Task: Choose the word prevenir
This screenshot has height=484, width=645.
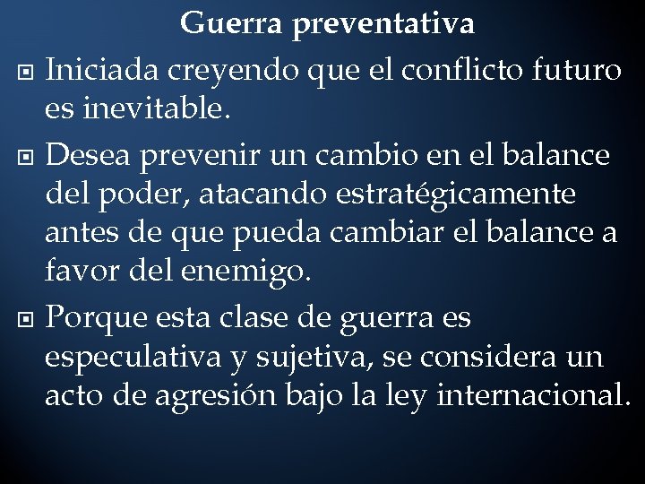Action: [193, 155]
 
